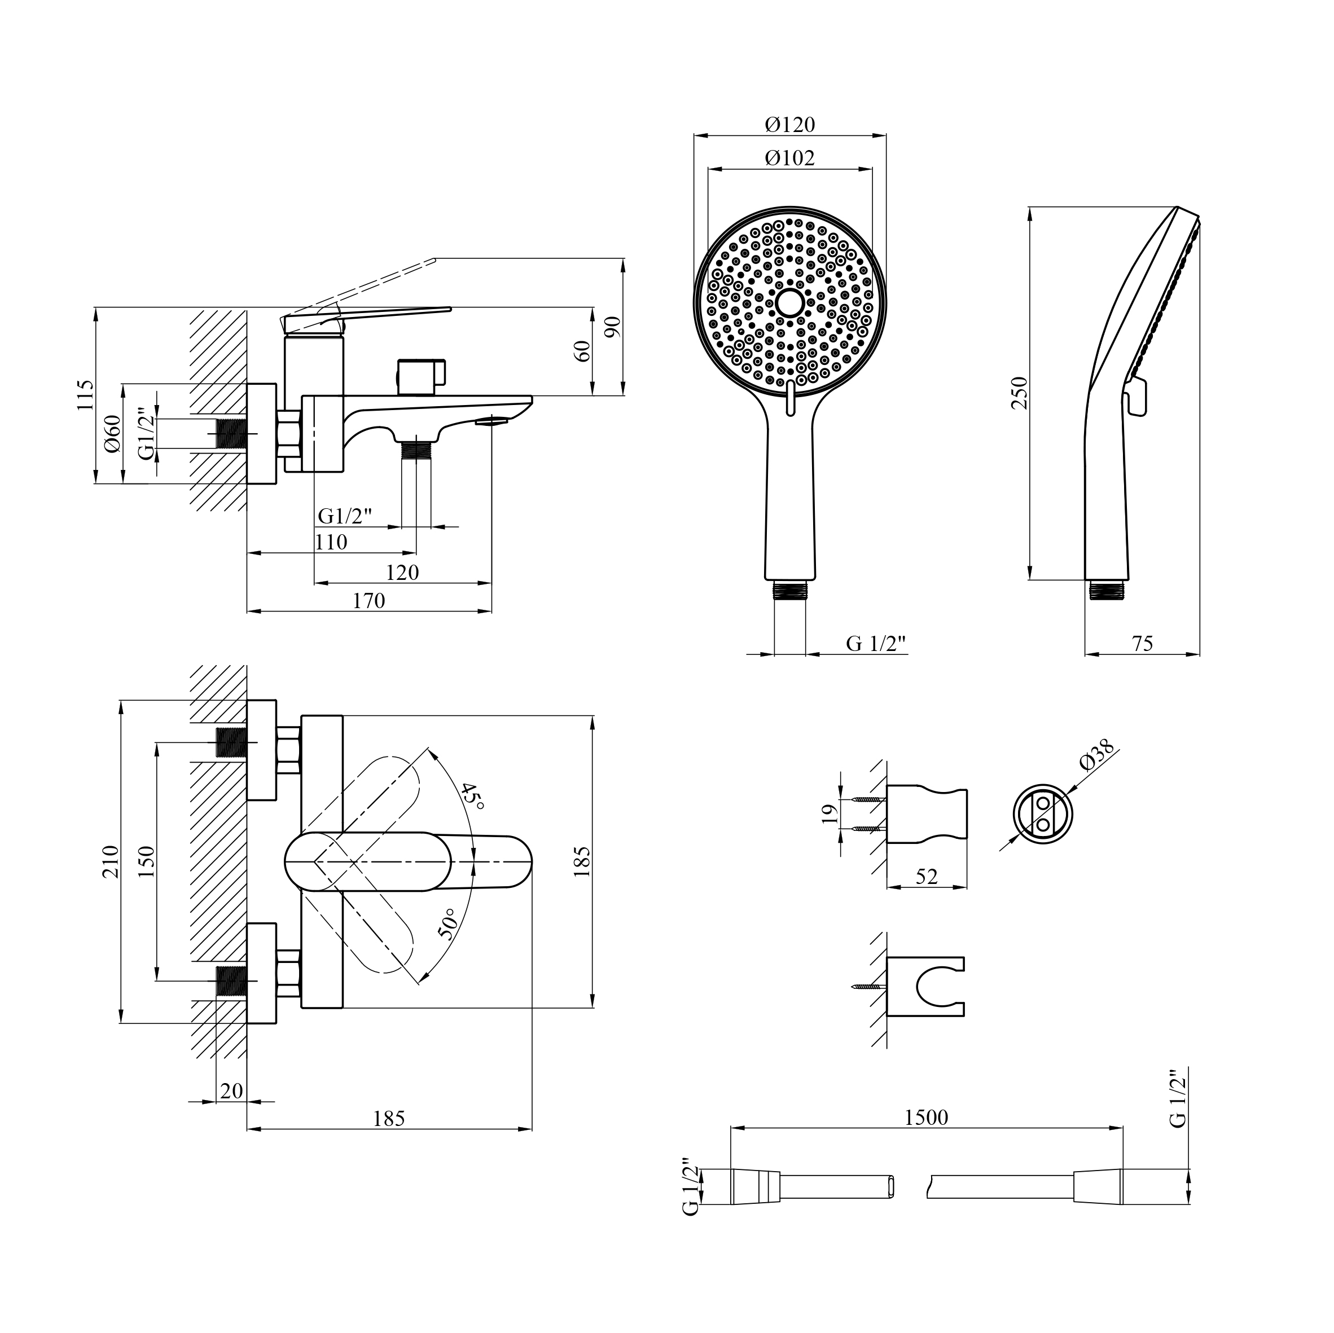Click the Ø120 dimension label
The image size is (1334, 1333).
[x=790, y=125]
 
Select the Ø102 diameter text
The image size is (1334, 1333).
[x=790, y=158]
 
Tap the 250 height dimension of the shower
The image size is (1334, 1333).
[x=1019, y=392]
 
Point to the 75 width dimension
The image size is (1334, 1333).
[x=1143, y=644]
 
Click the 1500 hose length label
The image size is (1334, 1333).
[x=926, y=1117]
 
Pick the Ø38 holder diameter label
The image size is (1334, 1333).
[x=1096, y=755]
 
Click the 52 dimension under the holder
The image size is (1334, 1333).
[x=927, y=877]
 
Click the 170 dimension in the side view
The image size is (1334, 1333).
[x=368, y=601]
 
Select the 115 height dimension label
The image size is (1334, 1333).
[x=85, y=395]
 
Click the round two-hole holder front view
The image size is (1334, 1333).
[x=1043, y=815]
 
